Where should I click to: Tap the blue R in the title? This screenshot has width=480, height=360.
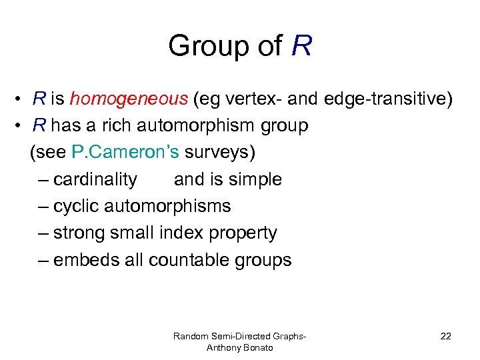pyautogui.click(x=301, y=47)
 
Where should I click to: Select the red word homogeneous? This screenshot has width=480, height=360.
pyautogui.click(x=129, y=99)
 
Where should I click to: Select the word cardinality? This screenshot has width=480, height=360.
pyautogui.click(x=95, y=179)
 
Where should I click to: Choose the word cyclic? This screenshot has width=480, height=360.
pyautogui.click(x=78, y=206)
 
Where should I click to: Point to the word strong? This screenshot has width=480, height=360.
pyautogui.click(x=80, y=233)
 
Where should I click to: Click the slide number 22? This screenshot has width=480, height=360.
pyautogui.click(x=445, y=336)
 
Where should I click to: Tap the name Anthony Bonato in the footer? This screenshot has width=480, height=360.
pyautogui.click(x=239, y=347)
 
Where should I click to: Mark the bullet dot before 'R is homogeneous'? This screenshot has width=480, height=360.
pyautogui.click(x=21, y=100)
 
